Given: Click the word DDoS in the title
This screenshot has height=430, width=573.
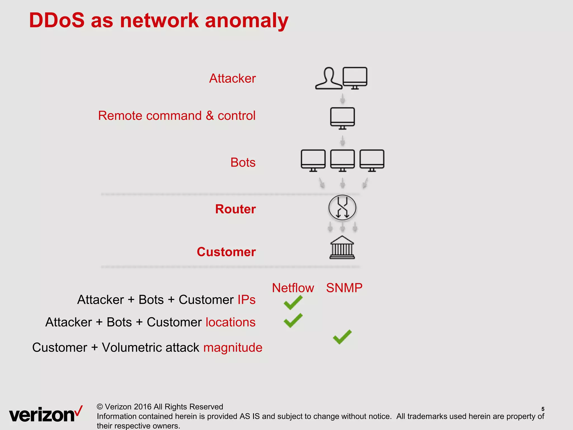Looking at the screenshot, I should point(57,20).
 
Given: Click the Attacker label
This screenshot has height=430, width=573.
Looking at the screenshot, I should point(233,78).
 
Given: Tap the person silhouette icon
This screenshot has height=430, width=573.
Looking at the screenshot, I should point(329,79).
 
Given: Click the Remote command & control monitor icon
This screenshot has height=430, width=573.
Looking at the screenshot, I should point(342,118).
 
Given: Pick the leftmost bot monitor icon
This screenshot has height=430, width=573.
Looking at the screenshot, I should point(313,160).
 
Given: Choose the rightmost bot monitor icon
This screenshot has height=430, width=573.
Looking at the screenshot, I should point(372,160).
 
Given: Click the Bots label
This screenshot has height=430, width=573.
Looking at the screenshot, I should point(243,162).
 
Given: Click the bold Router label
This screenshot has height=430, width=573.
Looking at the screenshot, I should point(235,209).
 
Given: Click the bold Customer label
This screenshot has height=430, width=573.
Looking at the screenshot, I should point(226,252).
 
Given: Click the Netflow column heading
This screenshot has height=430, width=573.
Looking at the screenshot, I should point(293,288).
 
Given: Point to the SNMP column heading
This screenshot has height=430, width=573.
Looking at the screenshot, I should point(344,288).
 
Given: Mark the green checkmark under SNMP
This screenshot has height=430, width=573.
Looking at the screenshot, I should point(342,337).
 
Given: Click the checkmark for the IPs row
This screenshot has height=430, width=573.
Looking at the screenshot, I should point(293,303).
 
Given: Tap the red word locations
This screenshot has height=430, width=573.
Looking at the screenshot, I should point(231,322).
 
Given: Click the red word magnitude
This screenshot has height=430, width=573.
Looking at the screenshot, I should point(233,347).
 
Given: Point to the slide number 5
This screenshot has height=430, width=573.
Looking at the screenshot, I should point(543,409).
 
